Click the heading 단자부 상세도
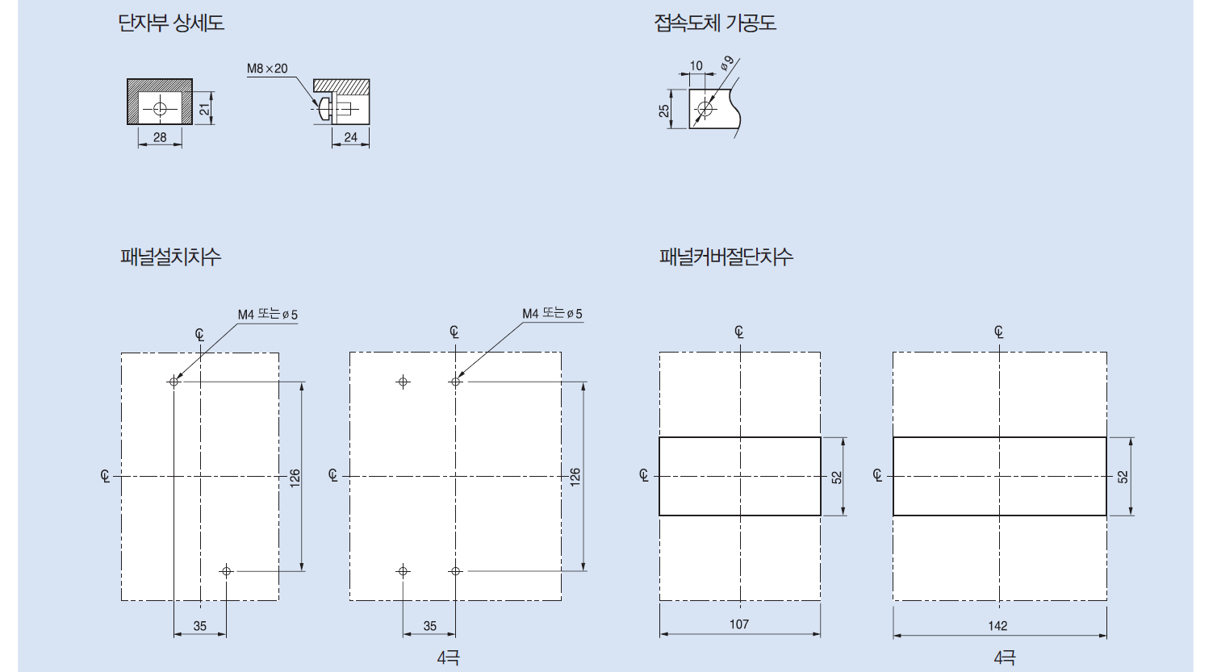(171, 23)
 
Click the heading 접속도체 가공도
(715, 23)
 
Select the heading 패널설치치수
(170, 257)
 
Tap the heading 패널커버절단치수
(726, 257)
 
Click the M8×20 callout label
(267, 69)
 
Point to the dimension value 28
(160, 137)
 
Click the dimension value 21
(204, 109)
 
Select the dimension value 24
(350, 137)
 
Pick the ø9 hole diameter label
(727, 63)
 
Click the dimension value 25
(664, 111)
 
